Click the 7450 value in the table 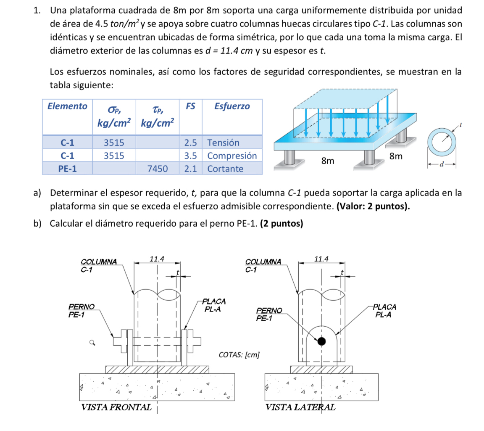(x=158, y=169)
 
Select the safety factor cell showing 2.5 (x=190, y=143)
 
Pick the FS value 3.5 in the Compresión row (x=190, y=156)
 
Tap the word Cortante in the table (x=225, y=169)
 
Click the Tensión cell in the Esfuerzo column (x=223, y=143)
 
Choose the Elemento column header (x=67, y=106)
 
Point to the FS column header (x=190, y=106)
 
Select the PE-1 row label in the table (x=67, y=169)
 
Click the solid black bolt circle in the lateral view (x=321, y=341)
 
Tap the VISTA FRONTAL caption (x=116, y=407)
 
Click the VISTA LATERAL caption (x=300, y=407)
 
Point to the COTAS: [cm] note (x=239, y=355)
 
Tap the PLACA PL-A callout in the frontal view (x=214, y=305)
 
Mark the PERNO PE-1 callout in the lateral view (x=269, y=314)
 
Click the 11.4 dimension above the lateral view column (x=321, y=259)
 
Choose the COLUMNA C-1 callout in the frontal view (x=98, y=266)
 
